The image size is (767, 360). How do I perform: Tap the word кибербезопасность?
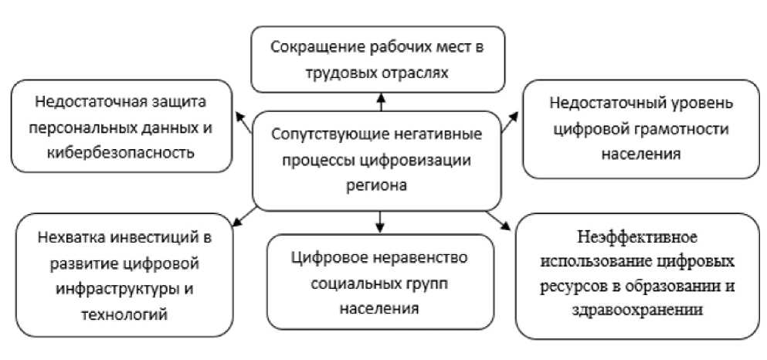[x=120, y=153]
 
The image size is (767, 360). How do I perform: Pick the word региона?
[x=377, y=186]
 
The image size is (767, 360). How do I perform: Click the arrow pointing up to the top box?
[x=381, y=102]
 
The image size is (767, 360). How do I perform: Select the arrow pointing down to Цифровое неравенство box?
[x=381, y=222]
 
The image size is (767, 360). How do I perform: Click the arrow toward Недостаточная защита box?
[x=243, y=123]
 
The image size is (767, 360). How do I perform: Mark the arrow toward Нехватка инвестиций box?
[x=244, y=217]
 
